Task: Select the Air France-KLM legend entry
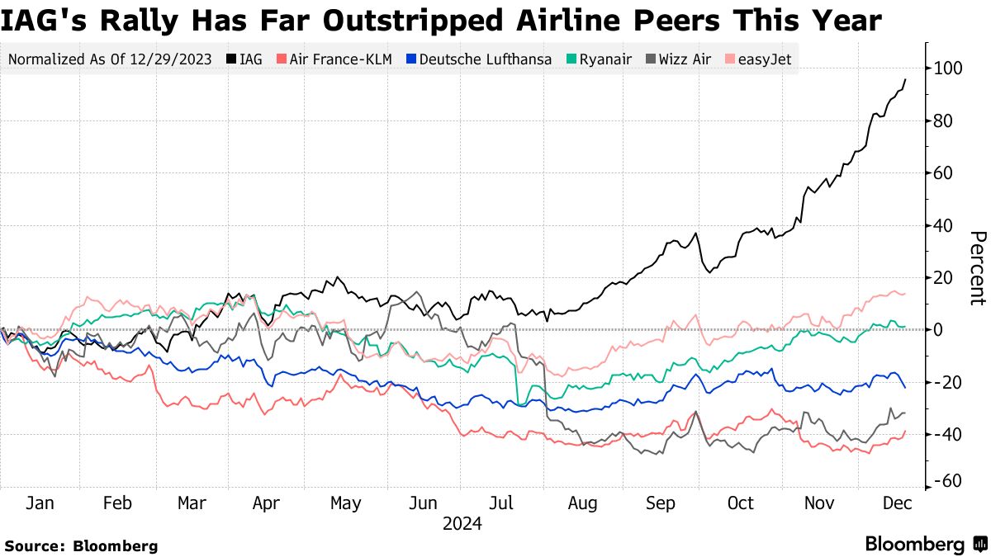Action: coord(334,59)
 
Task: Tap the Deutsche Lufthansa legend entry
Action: coord(478,59)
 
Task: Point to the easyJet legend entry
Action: coord(756,59)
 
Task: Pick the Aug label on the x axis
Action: coord(583,503)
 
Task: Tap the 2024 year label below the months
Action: coord(462,524)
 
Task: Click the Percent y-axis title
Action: coord(977,268)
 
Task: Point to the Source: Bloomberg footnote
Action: coord(81,545)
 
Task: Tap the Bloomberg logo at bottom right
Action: coord(925,545)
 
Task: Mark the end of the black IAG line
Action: coord(906,79)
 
